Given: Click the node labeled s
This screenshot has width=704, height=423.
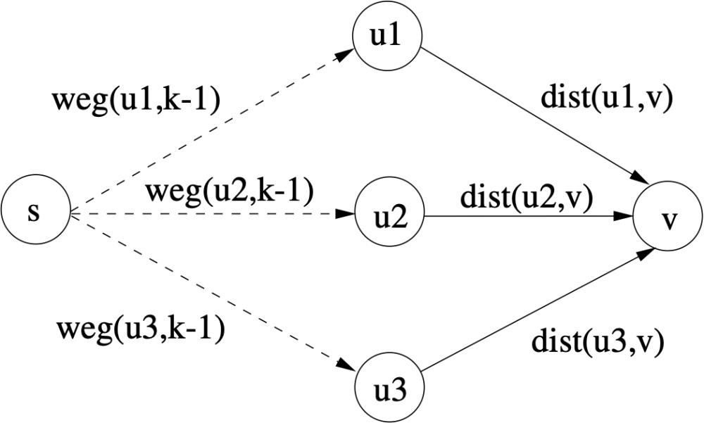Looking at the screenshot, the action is [35, 210].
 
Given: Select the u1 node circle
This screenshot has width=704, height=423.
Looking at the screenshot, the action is [388, 35].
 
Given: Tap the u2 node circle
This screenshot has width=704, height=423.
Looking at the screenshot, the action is [389, 213].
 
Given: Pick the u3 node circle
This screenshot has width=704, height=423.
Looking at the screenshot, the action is [389, 388].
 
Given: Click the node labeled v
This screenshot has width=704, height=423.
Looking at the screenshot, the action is [668, 216].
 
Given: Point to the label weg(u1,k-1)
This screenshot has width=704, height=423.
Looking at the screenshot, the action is [137, 101].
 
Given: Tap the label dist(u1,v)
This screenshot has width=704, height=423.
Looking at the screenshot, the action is [607, 97].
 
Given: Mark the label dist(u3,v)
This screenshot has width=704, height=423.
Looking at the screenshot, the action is [597, 342].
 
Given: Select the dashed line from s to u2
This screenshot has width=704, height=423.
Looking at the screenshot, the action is [213, 214].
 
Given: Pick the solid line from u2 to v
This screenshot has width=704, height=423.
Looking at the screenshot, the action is [529, 216].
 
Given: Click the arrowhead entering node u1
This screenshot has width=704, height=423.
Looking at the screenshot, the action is [344, 54].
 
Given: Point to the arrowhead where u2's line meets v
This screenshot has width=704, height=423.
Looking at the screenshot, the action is [623, 216].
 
